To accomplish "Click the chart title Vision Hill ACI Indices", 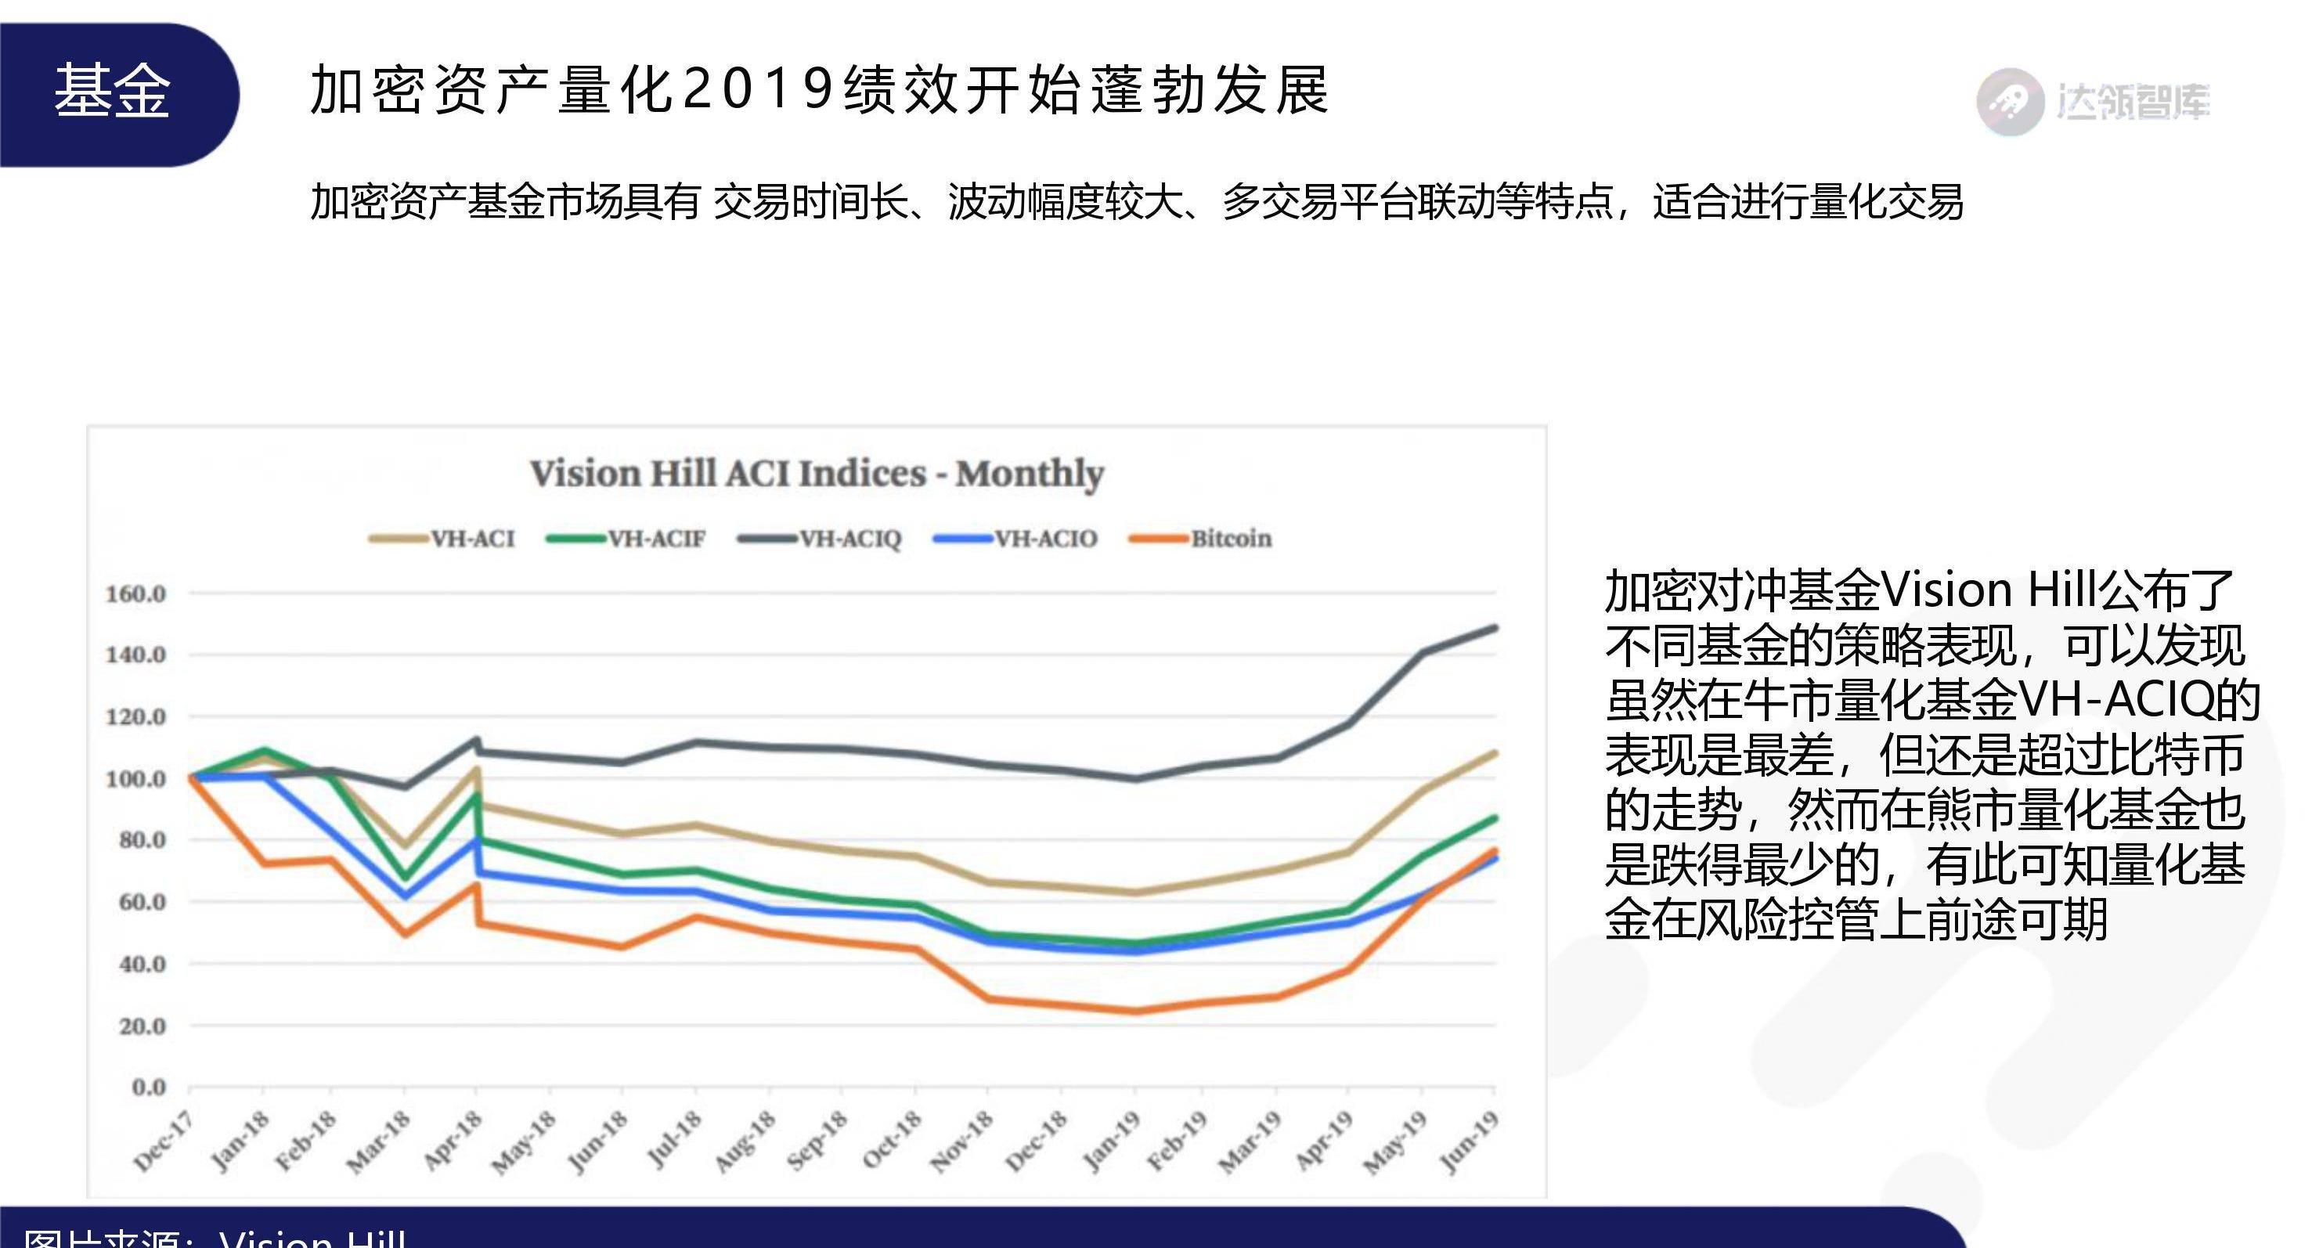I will tap(816, 474).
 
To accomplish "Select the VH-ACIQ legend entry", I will tap(849, 539).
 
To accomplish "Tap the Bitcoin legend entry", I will tap(1230, 539).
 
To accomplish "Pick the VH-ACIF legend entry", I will tap(656, 539).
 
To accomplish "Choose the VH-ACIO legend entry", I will tap(1044, 539).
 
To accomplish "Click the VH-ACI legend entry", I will tap(472, 539).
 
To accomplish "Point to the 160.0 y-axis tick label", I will tap(135, 593).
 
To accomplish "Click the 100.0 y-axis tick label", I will tap(135, 778).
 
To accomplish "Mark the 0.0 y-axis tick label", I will tap(149, 1087).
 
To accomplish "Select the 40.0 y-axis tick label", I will tap(142, 965).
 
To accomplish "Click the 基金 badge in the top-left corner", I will tap(112, 92).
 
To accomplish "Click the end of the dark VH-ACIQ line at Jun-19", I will tap(1495, 628).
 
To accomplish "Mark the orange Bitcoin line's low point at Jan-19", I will tap(1136, 1011).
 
